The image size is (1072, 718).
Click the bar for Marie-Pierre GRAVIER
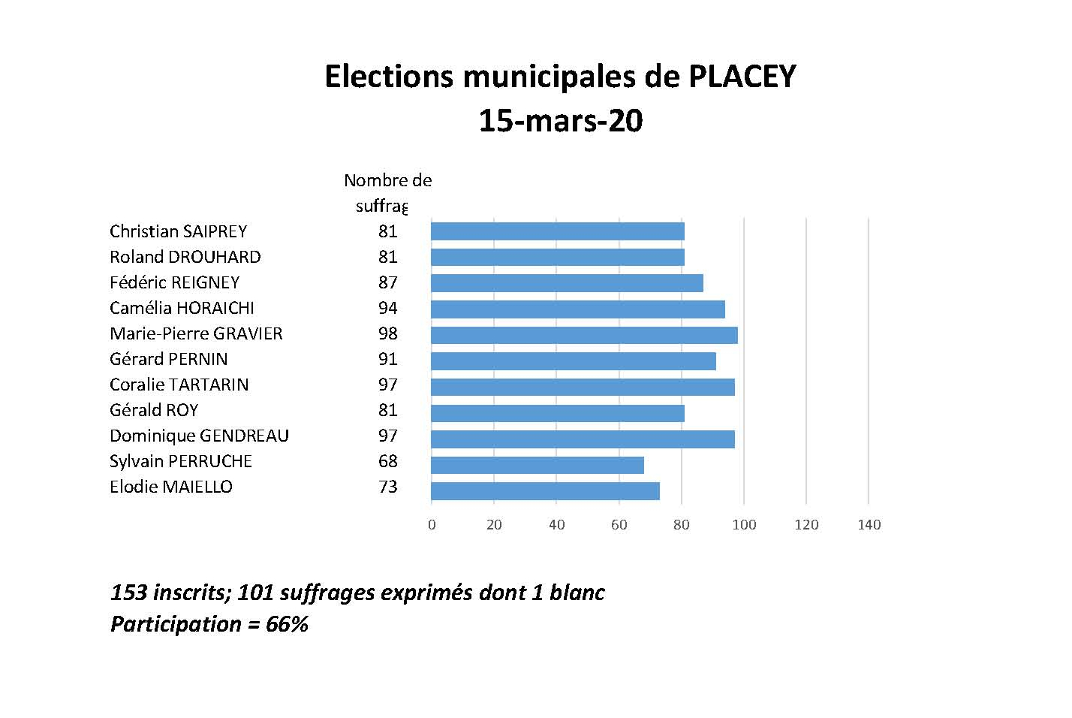584,335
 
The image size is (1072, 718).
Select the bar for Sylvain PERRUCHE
538,465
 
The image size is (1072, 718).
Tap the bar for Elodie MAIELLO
545,491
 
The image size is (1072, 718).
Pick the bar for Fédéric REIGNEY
567,283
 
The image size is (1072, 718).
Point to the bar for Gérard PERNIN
574,361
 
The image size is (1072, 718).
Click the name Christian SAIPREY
178,231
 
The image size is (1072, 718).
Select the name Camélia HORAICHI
182,308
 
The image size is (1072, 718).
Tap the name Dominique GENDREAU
199,436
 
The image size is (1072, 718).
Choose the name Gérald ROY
154,410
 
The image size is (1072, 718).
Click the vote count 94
388,308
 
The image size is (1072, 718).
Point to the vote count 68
388,461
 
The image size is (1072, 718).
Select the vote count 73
388,487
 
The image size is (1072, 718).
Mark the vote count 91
388,359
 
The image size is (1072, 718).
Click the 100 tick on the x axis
744,525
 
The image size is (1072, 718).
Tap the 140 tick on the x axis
869,525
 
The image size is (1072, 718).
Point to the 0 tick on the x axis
432,525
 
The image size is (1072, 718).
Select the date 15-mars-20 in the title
561,121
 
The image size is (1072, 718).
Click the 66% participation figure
287,624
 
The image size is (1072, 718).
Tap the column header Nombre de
387,180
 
